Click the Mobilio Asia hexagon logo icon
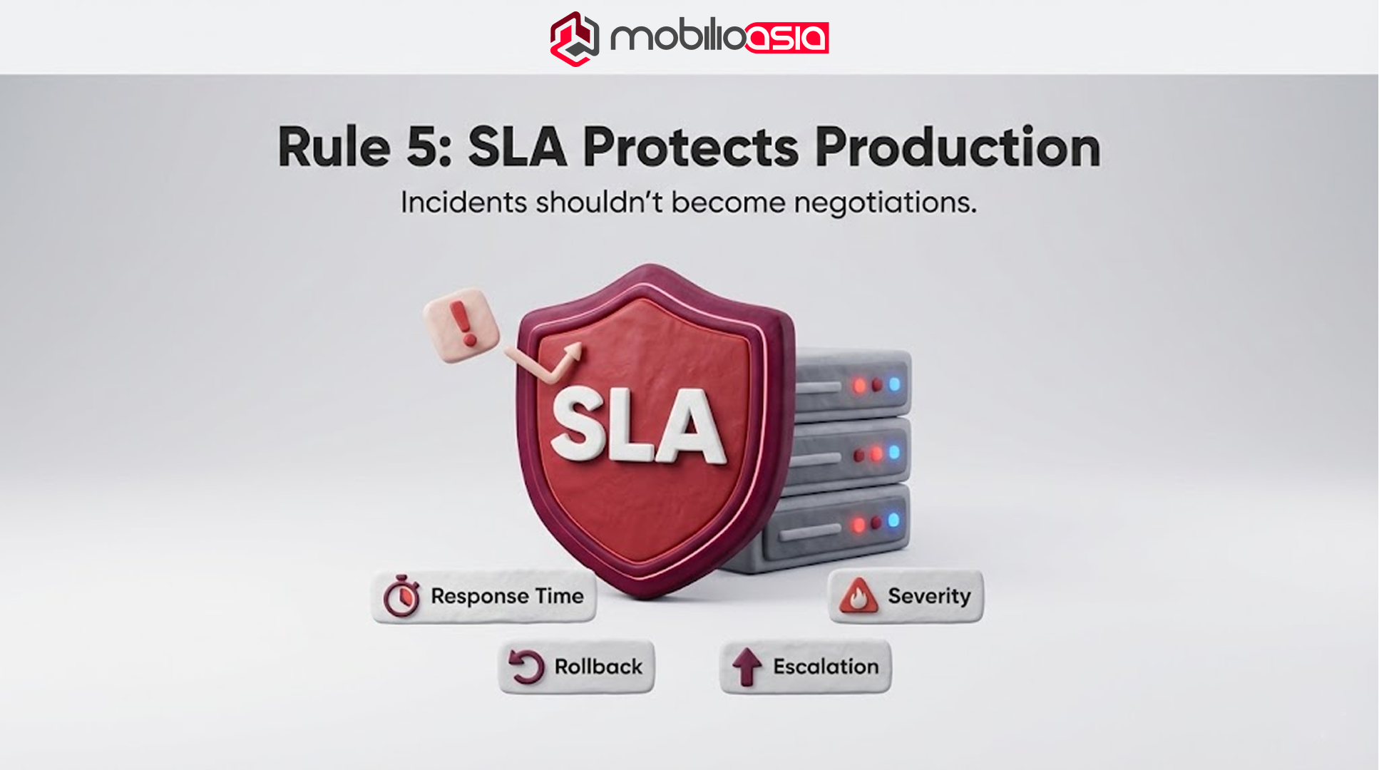574,38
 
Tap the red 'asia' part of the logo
786,38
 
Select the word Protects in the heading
690,147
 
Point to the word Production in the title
957,147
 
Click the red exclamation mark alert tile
461,324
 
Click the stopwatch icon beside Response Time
402,596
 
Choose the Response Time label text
507,596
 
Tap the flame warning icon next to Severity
858,596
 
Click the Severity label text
929,596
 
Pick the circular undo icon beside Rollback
527,667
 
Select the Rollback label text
598,667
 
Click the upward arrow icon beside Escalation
747,666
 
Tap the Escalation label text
826,667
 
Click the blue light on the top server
894,384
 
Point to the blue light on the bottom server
893,520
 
